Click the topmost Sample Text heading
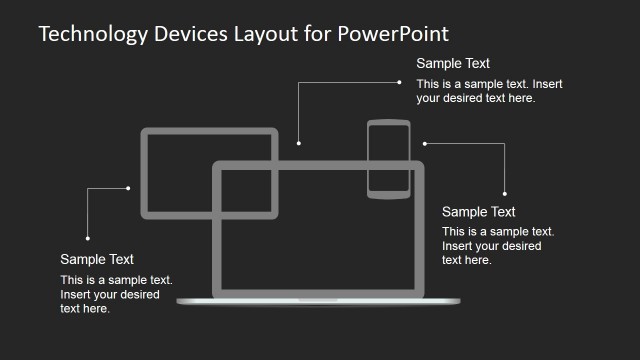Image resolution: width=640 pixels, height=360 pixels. click(453, 64)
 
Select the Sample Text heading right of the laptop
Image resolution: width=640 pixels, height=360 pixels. click(478, 212)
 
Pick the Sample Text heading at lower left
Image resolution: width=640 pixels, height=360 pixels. click(97, 259)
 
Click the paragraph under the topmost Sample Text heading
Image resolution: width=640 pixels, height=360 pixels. click(490, 91)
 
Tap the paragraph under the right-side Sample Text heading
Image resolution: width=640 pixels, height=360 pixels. click(497, 246)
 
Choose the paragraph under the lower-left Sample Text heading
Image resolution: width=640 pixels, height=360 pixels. click(116, 294)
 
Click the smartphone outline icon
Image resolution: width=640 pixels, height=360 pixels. click(389, 159)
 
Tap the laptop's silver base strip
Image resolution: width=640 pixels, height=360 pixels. click(317, 301)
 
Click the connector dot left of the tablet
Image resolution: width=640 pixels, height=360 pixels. click(129, 187)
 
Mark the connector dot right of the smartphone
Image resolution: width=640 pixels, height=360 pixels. click(424, 143)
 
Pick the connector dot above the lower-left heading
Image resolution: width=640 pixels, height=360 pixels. click(88, 238)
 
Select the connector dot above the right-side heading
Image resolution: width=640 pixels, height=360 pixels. click(505, 193)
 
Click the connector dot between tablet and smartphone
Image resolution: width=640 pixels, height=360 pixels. click(298, 143)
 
